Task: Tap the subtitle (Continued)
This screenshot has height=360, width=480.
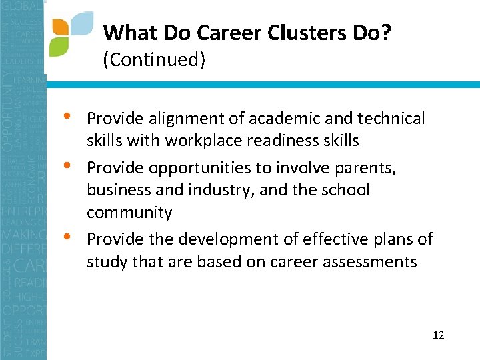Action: pos(154,60)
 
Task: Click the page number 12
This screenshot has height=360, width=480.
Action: pos(438,335)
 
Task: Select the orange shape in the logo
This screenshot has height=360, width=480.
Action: pos(60,27)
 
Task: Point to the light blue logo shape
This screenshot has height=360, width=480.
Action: pos(81,23)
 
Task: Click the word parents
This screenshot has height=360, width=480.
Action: pos(365,167)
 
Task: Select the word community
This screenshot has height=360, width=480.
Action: pos(129,213)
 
